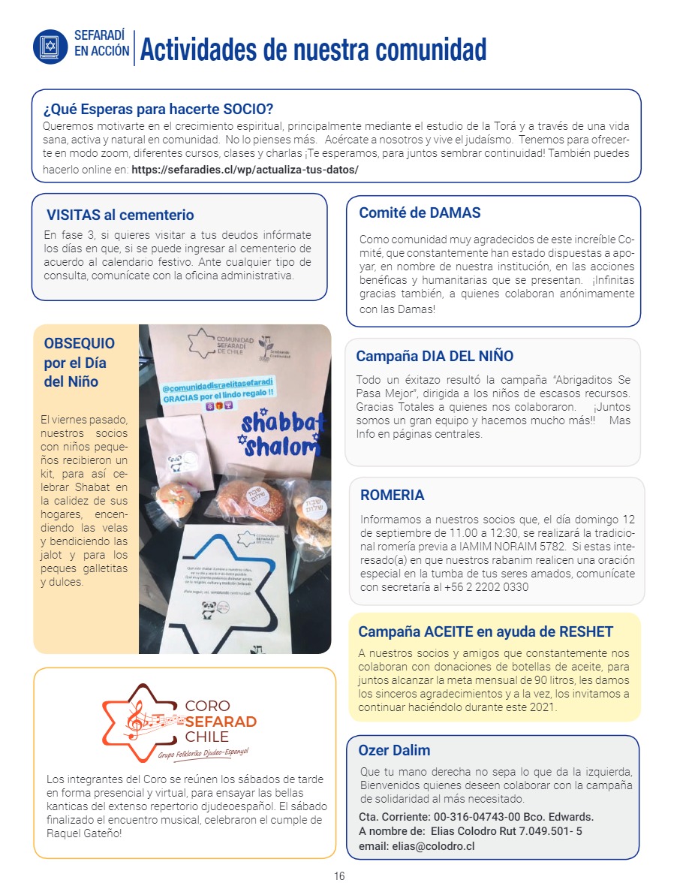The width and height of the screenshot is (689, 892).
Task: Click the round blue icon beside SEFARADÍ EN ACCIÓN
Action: click(50, 47)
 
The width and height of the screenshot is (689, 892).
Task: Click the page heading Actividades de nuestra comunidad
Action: click(313, 50)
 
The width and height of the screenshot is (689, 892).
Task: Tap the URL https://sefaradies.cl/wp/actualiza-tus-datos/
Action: click(245, 169)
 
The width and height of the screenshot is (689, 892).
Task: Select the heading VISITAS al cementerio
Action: click(120, 215)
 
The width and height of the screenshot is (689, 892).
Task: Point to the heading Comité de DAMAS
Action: click(420, 212)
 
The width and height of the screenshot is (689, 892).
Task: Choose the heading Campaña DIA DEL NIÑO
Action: click(435, 356)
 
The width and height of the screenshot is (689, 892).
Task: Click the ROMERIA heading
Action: click(392, 495)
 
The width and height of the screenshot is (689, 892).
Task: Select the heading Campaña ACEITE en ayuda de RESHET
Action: click(486, 631)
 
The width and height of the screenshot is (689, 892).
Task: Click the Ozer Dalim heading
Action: click(394, 750)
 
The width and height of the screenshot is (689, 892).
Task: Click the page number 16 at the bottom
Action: click(339, 876)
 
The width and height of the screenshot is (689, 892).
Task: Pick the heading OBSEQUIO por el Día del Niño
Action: click(80, 363)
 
